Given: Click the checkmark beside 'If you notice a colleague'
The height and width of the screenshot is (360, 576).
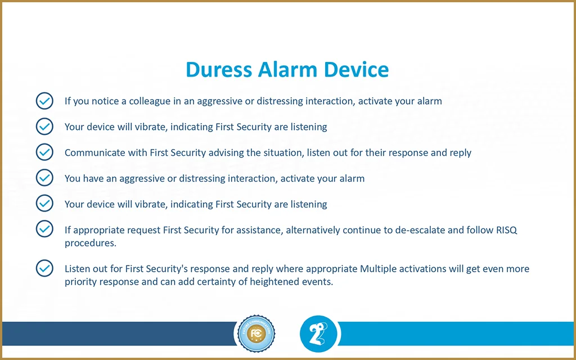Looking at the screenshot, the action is (44, 101).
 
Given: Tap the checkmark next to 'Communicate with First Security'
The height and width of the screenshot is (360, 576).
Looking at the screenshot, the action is (44, 152).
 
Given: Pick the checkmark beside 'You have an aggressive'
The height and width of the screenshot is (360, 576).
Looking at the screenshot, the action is (44, 178).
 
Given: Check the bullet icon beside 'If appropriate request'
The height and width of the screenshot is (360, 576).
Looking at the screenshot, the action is (44, 229).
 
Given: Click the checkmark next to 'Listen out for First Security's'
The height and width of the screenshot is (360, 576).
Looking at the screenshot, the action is (44, 268).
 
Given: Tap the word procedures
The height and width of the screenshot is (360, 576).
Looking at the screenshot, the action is (91, 244).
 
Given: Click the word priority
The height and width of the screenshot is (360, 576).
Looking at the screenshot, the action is (80, 282).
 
